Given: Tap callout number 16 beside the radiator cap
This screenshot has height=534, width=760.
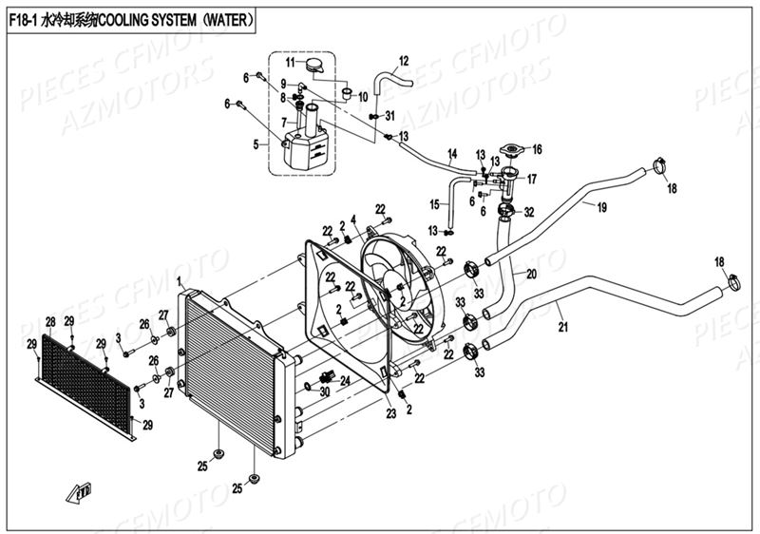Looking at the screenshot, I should (x=537, y=149).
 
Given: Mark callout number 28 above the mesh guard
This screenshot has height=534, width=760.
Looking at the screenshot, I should (x=49, y=321).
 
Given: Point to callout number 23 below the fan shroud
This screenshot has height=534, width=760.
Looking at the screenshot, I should (x=390, y=413).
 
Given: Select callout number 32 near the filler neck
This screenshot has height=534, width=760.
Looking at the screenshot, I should (x=529, y=211).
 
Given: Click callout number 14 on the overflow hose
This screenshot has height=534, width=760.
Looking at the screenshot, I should (x=452, y=153).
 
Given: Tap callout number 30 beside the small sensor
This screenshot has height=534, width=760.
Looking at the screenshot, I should (x=324, y=391).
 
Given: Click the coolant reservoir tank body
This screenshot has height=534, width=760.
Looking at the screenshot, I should (x=304, y=148).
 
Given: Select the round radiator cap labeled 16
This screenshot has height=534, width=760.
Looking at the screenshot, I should (x=511, y=151).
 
